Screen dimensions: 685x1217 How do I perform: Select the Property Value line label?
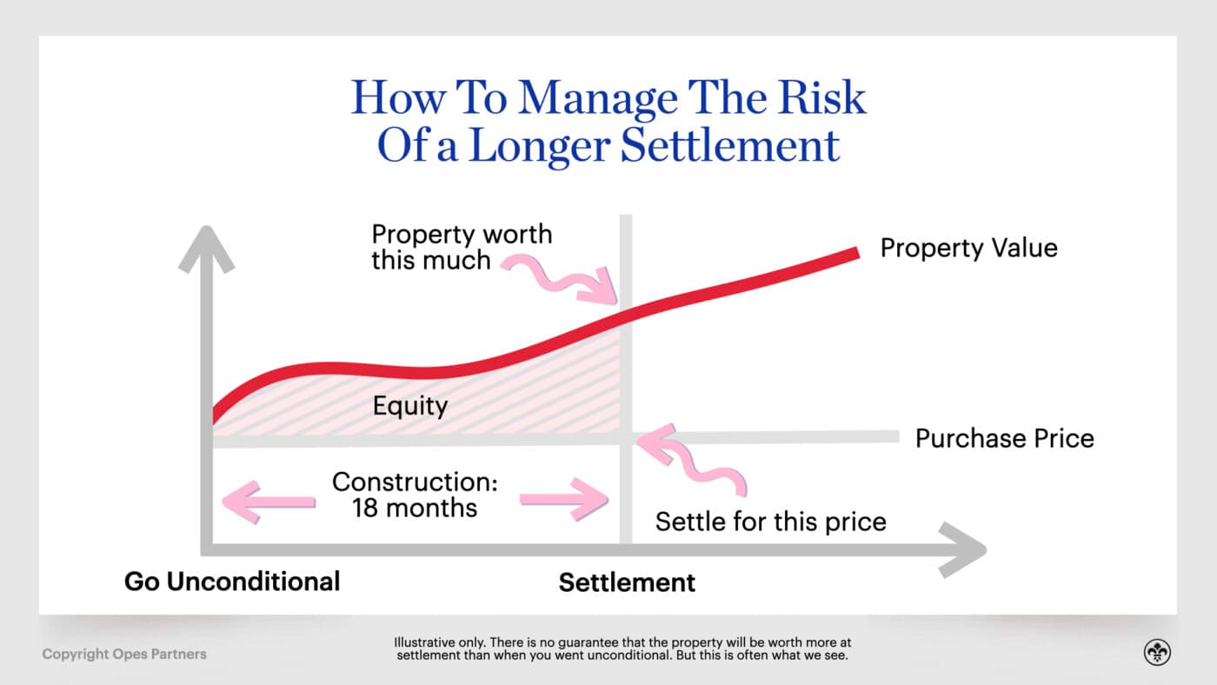pyautogui.click(x=968, y=248)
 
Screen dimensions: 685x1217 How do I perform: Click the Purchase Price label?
pyautogui.click(x=1004, y=438)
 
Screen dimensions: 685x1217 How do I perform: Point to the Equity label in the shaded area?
pyautogui.click(x=409, y=406)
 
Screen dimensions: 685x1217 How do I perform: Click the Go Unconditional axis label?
pyautogui.click(x=232, y=582)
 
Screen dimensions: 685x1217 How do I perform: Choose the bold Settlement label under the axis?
pyautogui.click(x=627, y=582)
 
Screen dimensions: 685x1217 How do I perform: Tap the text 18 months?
pyautogui.click(x=415, y=508)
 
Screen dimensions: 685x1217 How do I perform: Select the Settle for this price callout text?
pyautogui.click(x=770, y=522)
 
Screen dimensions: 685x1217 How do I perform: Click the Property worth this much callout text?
pyautogui.click(x=461, y=247)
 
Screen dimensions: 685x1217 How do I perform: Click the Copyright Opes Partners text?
pyautogui.click(x=124, y=654)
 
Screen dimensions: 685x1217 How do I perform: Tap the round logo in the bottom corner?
pyautogui.click(x=1157, y=653)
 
